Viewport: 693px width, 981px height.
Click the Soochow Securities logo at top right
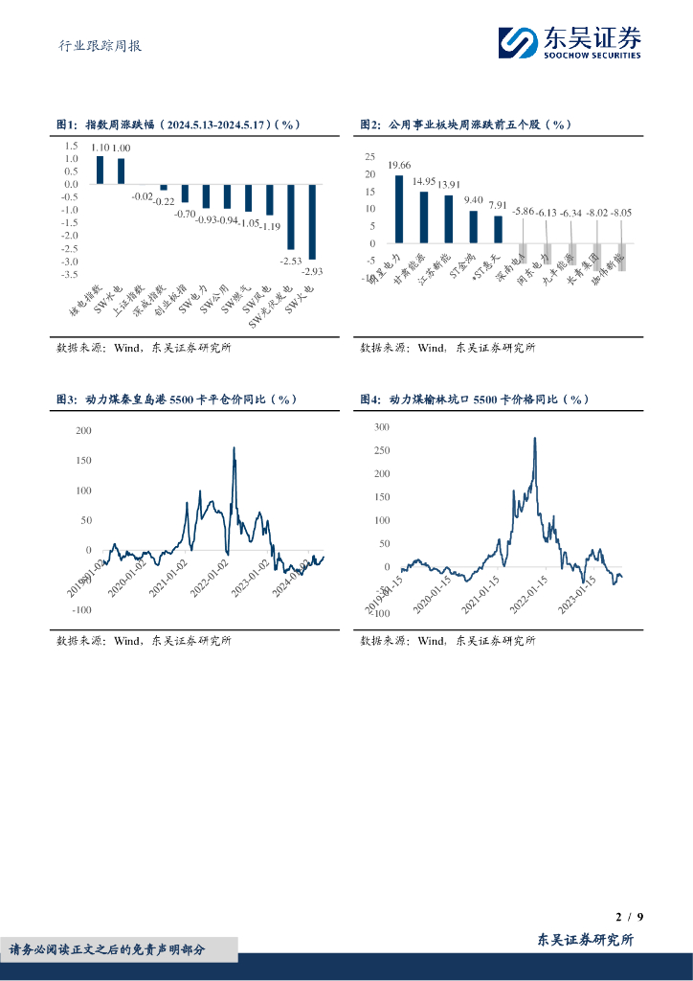click(570, 42)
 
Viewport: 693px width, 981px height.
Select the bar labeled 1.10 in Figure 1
click(100, 170)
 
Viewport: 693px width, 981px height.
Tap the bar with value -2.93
click(312, 221)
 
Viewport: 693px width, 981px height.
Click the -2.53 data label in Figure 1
click(291, 260)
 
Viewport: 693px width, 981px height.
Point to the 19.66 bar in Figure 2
click(399, 209)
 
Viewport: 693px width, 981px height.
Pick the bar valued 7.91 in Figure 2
click(498, 229)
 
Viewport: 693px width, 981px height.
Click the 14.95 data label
click(424, 181)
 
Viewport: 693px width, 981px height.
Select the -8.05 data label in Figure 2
click(622, 212)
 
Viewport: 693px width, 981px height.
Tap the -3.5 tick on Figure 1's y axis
click(71, 274)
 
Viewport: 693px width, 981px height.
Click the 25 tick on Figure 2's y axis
click(369, 156)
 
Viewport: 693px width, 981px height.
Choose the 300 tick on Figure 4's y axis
click(382, 427)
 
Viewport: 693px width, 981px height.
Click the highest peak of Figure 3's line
click(234, 448)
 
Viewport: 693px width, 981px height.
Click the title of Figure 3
click(177, 399)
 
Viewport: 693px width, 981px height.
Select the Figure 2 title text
click(465, 125)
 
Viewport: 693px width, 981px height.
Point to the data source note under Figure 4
click(447, 641)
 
